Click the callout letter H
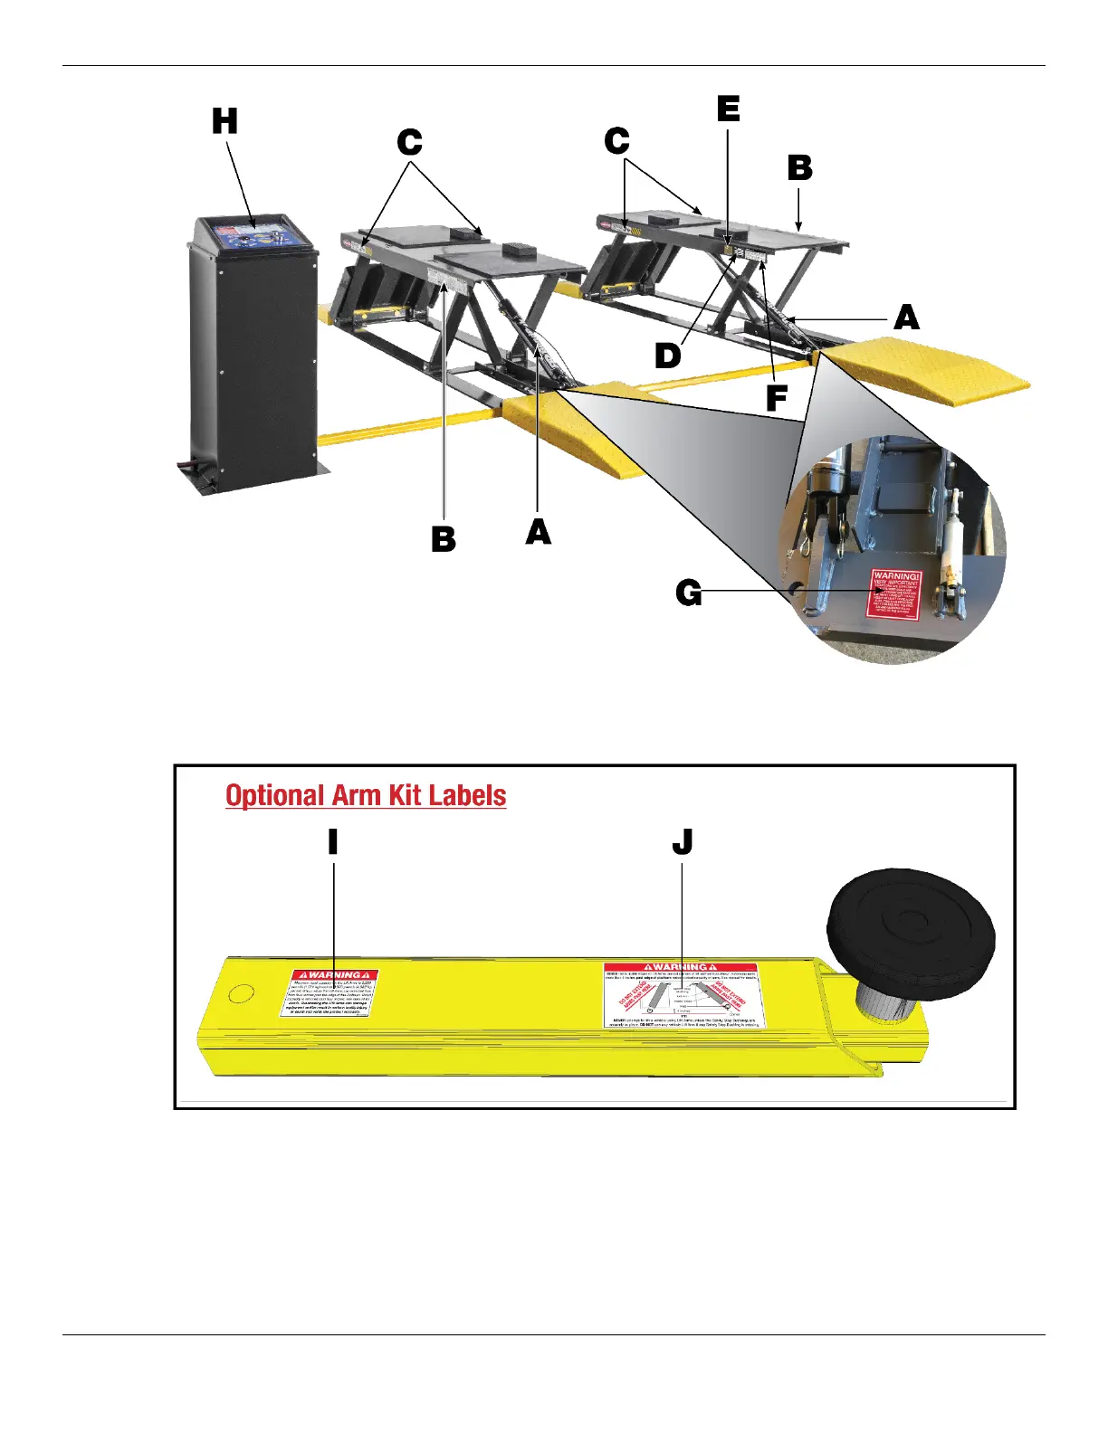pos(224,121)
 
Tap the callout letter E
pos(729,109)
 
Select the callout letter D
pos(668,356)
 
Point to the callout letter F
pos(777,398)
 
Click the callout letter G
pos(689,593)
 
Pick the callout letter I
pos(333,842)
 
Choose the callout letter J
pos(683,842)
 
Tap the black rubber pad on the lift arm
pos(911,931)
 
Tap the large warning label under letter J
pos(681,995)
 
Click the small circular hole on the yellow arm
pos(241,994)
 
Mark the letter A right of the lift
pos(906,318)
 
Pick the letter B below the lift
pos(444,539)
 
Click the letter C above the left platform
pos(410,142)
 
